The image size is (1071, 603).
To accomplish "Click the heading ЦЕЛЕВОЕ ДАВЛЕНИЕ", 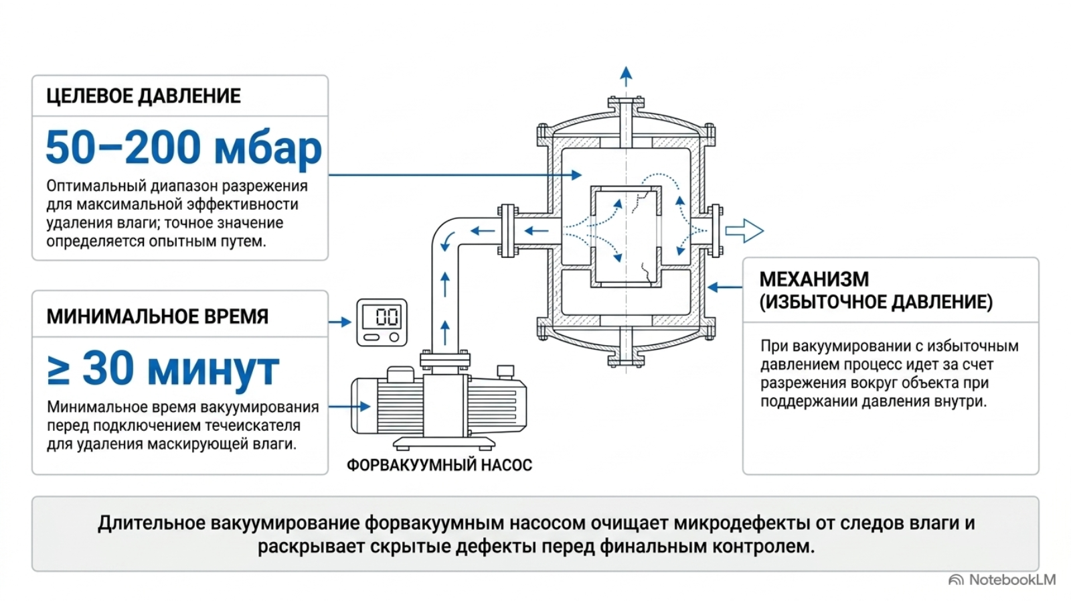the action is coord(143,96).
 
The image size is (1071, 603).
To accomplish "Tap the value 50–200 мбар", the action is coord(183,147).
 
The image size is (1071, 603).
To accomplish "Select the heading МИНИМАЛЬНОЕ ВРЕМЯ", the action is coord(157,317).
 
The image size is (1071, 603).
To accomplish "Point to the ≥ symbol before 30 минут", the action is coord(59,370).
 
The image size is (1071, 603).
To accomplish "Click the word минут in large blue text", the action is coord(214,369).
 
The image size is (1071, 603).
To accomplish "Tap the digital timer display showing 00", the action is coord(381,316).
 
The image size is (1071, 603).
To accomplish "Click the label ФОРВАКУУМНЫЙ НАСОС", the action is coord(439,465).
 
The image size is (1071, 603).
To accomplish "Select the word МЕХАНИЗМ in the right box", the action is coord(814,279).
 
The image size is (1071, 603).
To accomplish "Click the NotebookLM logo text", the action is coord(1011,580).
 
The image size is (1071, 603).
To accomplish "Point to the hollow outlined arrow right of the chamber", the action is coord(744,231).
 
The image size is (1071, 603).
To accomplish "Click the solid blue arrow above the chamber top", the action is coord(626,76).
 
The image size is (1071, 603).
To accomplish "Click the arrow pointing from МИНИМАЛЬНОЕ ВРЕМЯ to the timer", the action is coord(340,322).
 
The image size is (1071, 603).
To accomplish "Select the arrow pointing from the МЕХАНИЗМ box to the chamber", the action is coord(725,287).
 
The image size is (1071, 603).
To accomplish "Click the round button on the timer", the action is coord(394,338).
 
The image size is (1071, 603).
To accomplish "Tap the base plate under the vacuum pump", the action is coord(444,444).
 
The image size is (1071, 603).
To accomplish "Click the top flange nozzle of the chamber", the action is coord(626,121).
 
